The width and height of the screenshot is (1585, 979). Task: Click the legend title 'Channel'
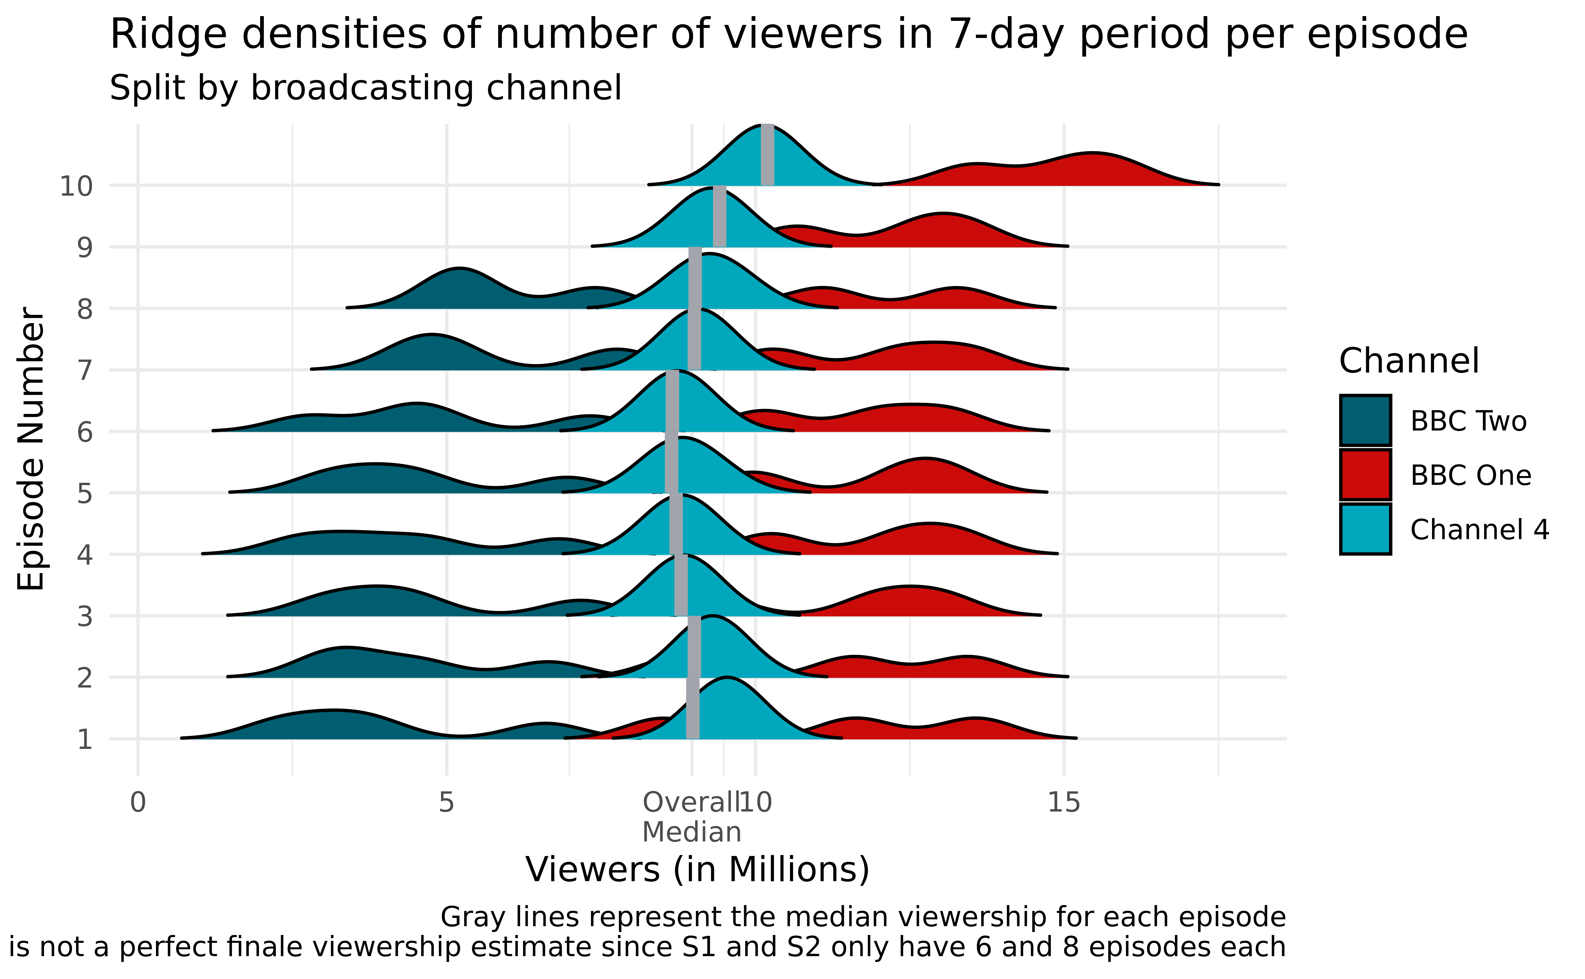(1409, 361)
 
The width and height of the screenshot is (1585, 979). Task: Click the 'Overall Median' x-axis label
(691, 817)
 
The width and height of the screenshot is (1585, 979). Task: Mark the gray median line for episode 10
(767, 155)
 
